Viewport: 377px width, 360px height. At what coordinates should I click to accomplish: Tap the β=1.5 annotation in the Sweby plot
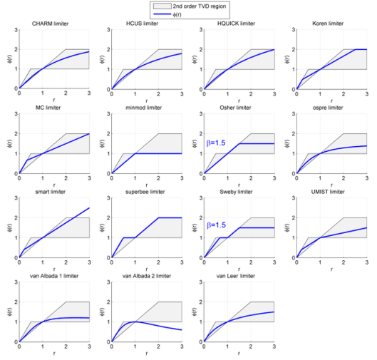click(220, 225)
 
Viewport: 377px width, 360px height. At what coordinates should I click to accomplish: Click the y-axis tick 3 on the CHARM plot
click(14, 31)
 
